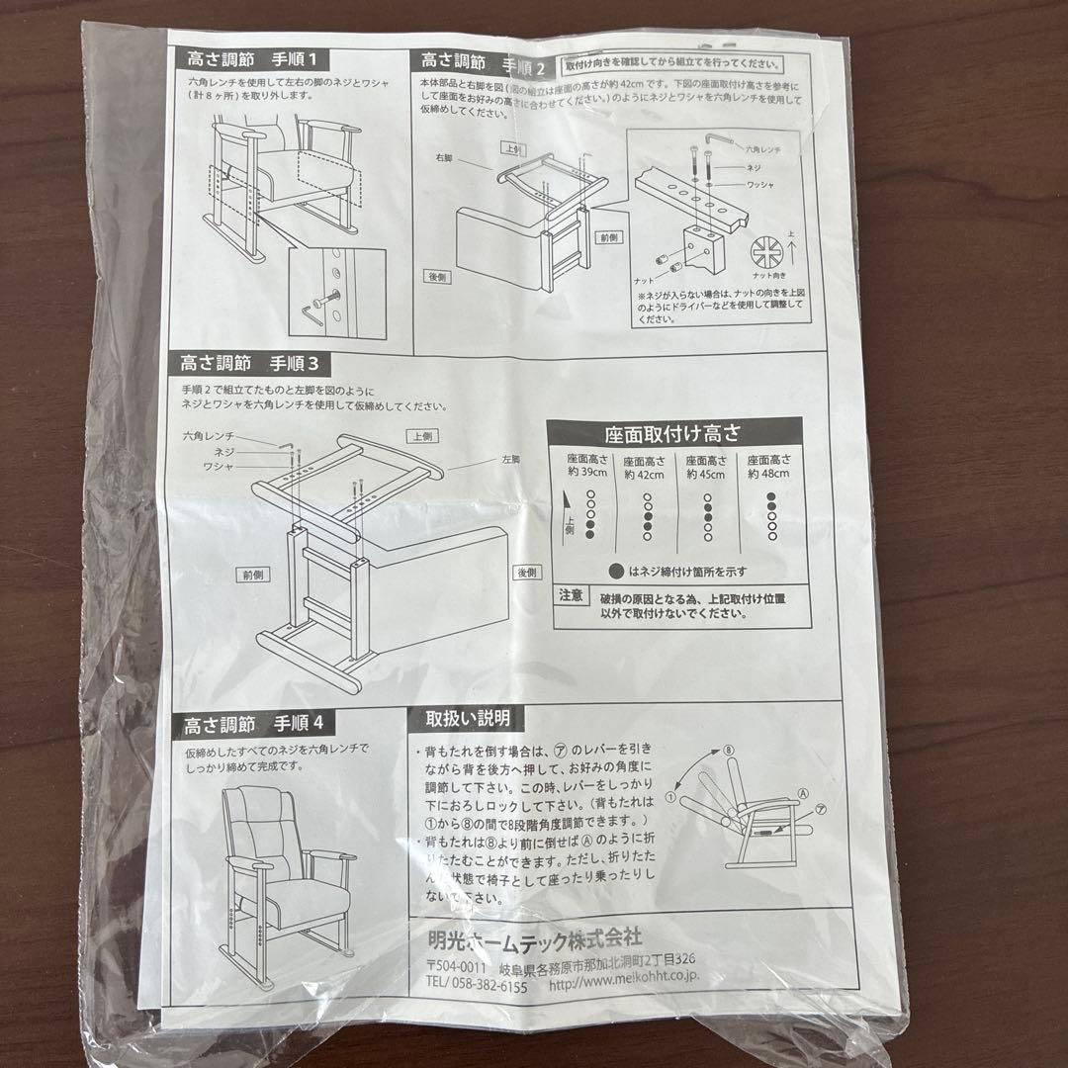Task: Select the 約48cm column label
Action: [x=768, y=467]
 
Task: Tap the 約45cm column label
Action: [x=706, y=467]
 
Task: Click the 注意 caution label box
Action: [x=571, y=596]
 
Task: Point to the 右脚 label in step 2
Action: [x=441, y=157]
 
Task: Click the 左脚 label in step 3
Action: [x=510, y=460]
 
